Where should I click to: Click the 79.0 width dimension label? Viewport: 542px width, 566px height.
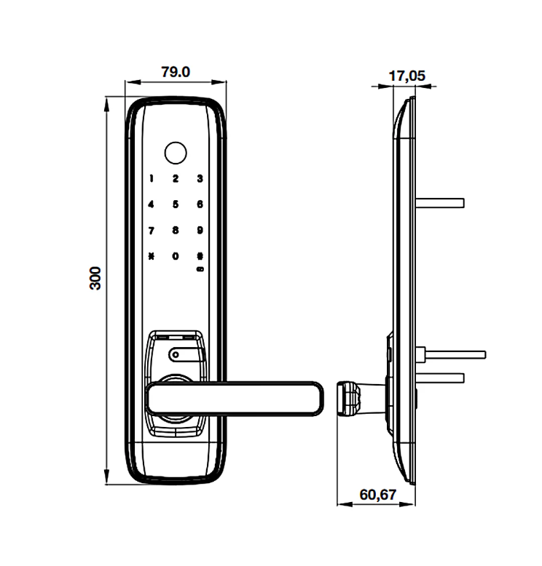[x=175, y=71]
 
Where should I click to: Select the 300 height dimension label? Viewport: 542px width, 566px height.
[x=95, y=279]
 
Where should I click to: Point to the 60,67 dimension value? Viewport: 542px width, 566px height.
[x=377, y=495]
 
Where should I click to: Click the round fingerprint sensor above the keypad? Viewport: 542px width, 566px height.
[x=175, y=153]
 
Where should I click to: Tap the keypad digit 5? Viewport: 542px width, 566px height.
[x=176, y=205]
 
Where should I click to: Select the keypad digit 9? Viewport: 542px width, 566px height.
[x=199, y=231]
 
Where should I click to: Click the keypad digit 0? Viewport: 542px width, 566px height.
[x=176, y=256]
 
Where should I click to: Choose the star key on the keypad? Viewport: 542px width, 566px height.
[x=152, y=256]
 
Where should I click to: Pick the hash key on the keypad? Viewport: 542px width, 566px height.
[x=199, y=256]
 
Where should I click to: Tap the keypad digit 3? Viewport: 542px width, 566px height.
[x=199, y=179]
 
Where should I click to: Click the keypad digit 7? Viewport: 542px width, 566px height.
[x=152, y=231]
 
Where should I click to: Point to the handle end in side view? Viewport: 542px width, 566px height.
[x=349, y=397]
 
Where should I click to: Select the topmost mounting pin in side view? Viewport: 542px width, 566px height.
[x=440, y=200]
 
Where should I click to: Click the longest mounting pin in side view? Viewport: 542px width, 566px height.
[x=452, y=354]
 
